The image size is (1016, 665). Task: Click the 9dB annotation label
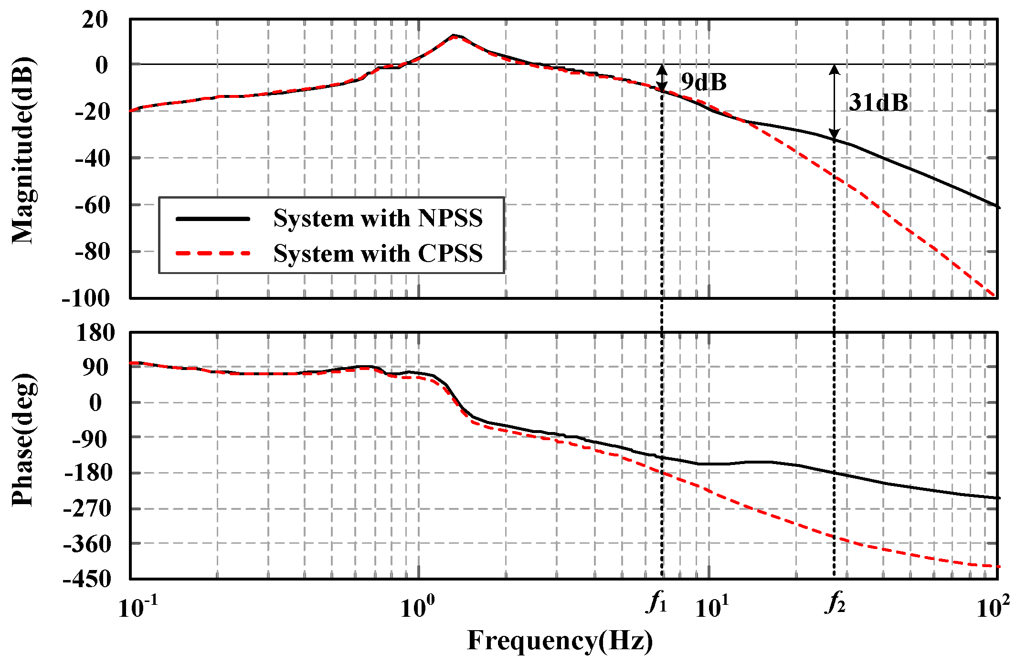tap(703, 82)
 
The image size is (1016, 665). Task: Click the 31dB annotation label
tap(878, 103)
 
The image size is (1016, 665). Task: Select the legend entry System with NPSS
tap(378, 218)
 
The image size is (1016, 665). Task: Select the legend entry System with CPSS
tap(378, 253)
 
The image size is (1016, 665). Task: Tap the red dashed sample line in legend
tap(213, 253)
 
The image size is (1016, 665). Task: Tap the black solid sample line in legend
tap(213, 219)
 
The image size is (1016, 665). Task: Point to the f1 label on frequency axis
tap(657, 602)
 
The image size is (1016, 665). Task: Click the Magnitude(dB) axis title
tap(23, 151)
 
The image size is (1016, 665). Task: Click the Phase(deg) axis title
tap(23, 440)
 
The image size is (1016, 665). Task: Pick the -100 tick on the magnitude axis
tap(86, 298)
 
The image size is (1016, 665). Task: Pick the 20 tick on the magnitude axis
tap(95, 20)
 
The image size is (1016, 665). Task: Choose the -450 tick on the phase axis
tap(87, 579)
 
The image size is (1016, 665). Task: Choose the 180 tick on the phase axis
tap(95, 332)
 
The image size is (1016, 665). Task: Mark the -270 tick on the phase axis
tap(87, 508)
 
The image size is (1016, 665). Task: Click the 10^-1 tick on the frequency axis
tap(137, 607)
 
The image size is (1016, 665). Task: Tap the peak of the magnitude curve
tap(455, 36)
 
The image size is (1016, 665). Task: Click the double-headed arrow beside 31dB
tap(834, 102)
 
